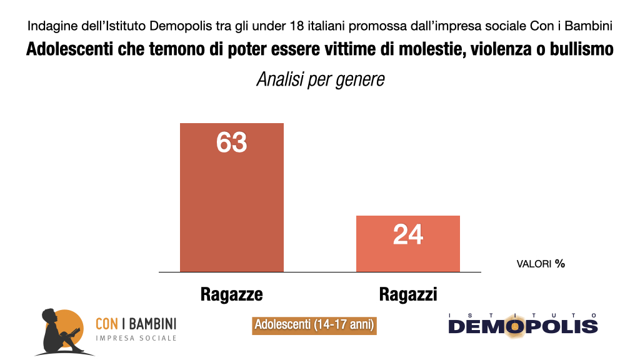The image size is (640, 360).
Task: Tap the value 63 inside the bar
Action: tap(232, 142)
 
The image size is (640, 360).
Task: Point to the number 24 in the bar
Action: tap(408, 235)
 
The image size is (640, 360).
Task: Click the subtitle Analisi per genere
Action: tap(320, 81)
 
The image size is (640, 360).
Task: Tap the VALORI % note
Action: tap(541, 264)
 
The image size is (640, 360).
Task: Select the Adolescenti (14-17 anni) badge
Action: tap(314, 325)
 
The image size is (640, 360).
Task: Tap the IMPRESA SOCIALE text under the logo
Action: tap(136, 338)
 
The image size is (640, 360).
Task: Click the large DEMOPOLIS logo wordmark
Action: tap(522, 327)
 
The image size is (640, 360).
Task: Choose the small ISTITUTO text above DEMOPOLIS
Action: tap(522, 314)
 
